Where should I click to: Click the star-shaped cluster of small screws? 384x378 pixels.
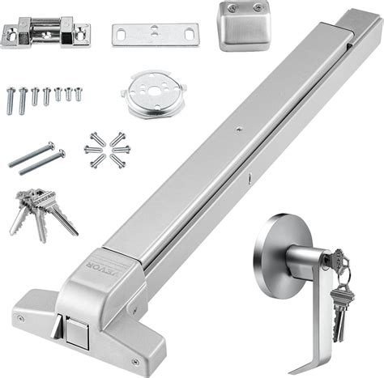tap(105, 150)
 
